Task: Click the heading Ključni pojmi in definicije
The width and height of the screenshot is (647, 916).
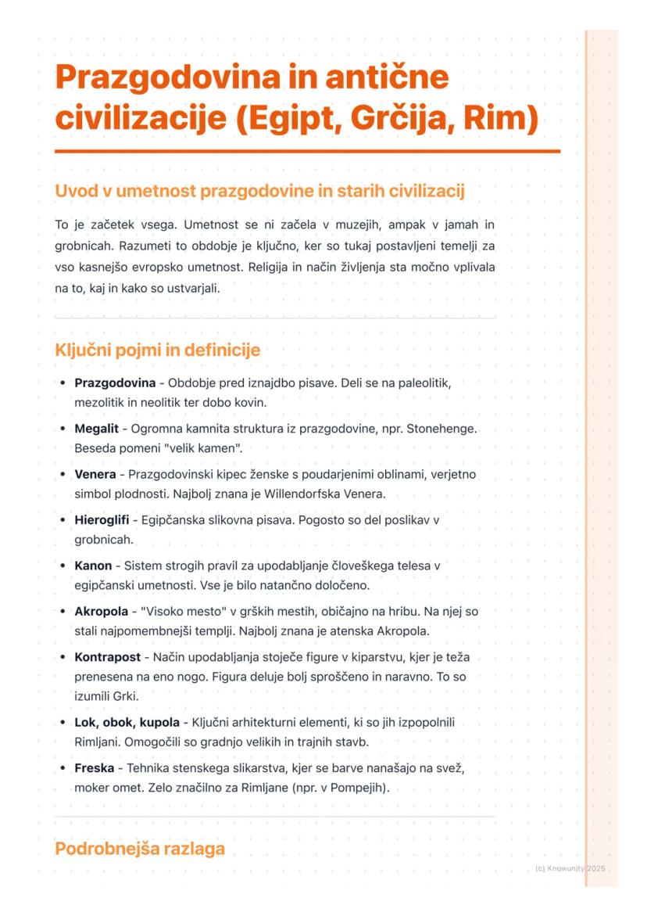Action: (x=157, y=350)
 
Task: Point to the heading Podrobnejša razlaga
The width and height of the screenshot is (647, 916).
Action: (x=140, y=849)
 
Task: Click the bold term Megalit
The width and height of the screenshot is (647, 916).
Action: (x=96, y=429)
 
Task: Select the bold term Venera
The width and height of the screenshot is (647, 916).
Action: (x=95, y=474)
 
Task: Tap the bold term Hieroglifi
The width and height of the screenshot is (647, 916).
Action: (x=102, y=519)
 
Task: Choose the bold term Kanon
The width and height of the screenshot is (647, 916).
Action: (x=93, y=565)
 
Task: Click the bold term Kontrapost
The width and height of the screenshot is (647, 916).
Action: (x=107, y=656)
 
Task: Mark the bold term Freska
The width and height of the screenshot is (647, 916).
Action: (x=94, y=768)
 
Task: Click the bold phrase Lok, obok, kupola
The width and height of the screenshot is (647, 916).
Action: (x=127, y=723)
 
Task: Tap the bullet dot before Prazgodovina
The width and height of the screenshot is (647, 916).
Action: (x=63, y=384)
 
